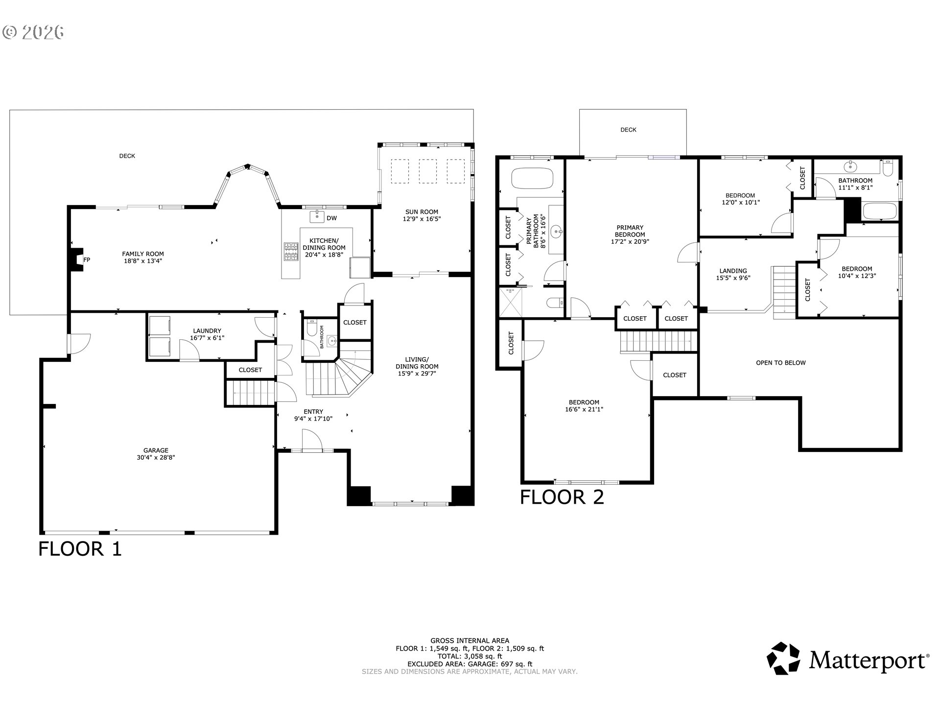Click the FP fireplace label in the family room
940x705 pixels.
pos(87,260)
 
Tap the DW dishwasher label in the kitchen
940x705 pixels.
pos(331,218)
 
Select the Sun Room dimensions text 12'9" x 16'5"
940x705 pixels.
pos(422,219)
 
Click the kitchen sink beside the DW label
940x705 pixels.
pos(317,216)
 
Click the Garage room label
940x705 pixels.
pos(156,450)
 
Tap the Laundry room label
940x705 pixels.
pos(207,331)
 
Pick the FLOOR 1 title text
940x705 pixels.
pos(80,549)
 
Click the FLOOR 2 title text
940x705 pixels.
pos(562,497)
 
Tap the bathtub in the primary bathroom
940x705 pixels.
pos(532,178)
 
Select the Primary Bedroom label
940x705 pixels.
pos(630,231)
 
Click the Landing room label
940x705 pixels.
pos(733,271)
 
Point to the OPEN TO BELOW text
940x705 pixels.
pos(781,363)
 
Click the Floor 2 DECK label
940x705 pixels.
pos(628,130)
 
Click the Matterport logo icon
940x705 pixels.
pos(783,658)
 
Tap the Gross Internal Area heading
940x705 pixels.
pos(470,640)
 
